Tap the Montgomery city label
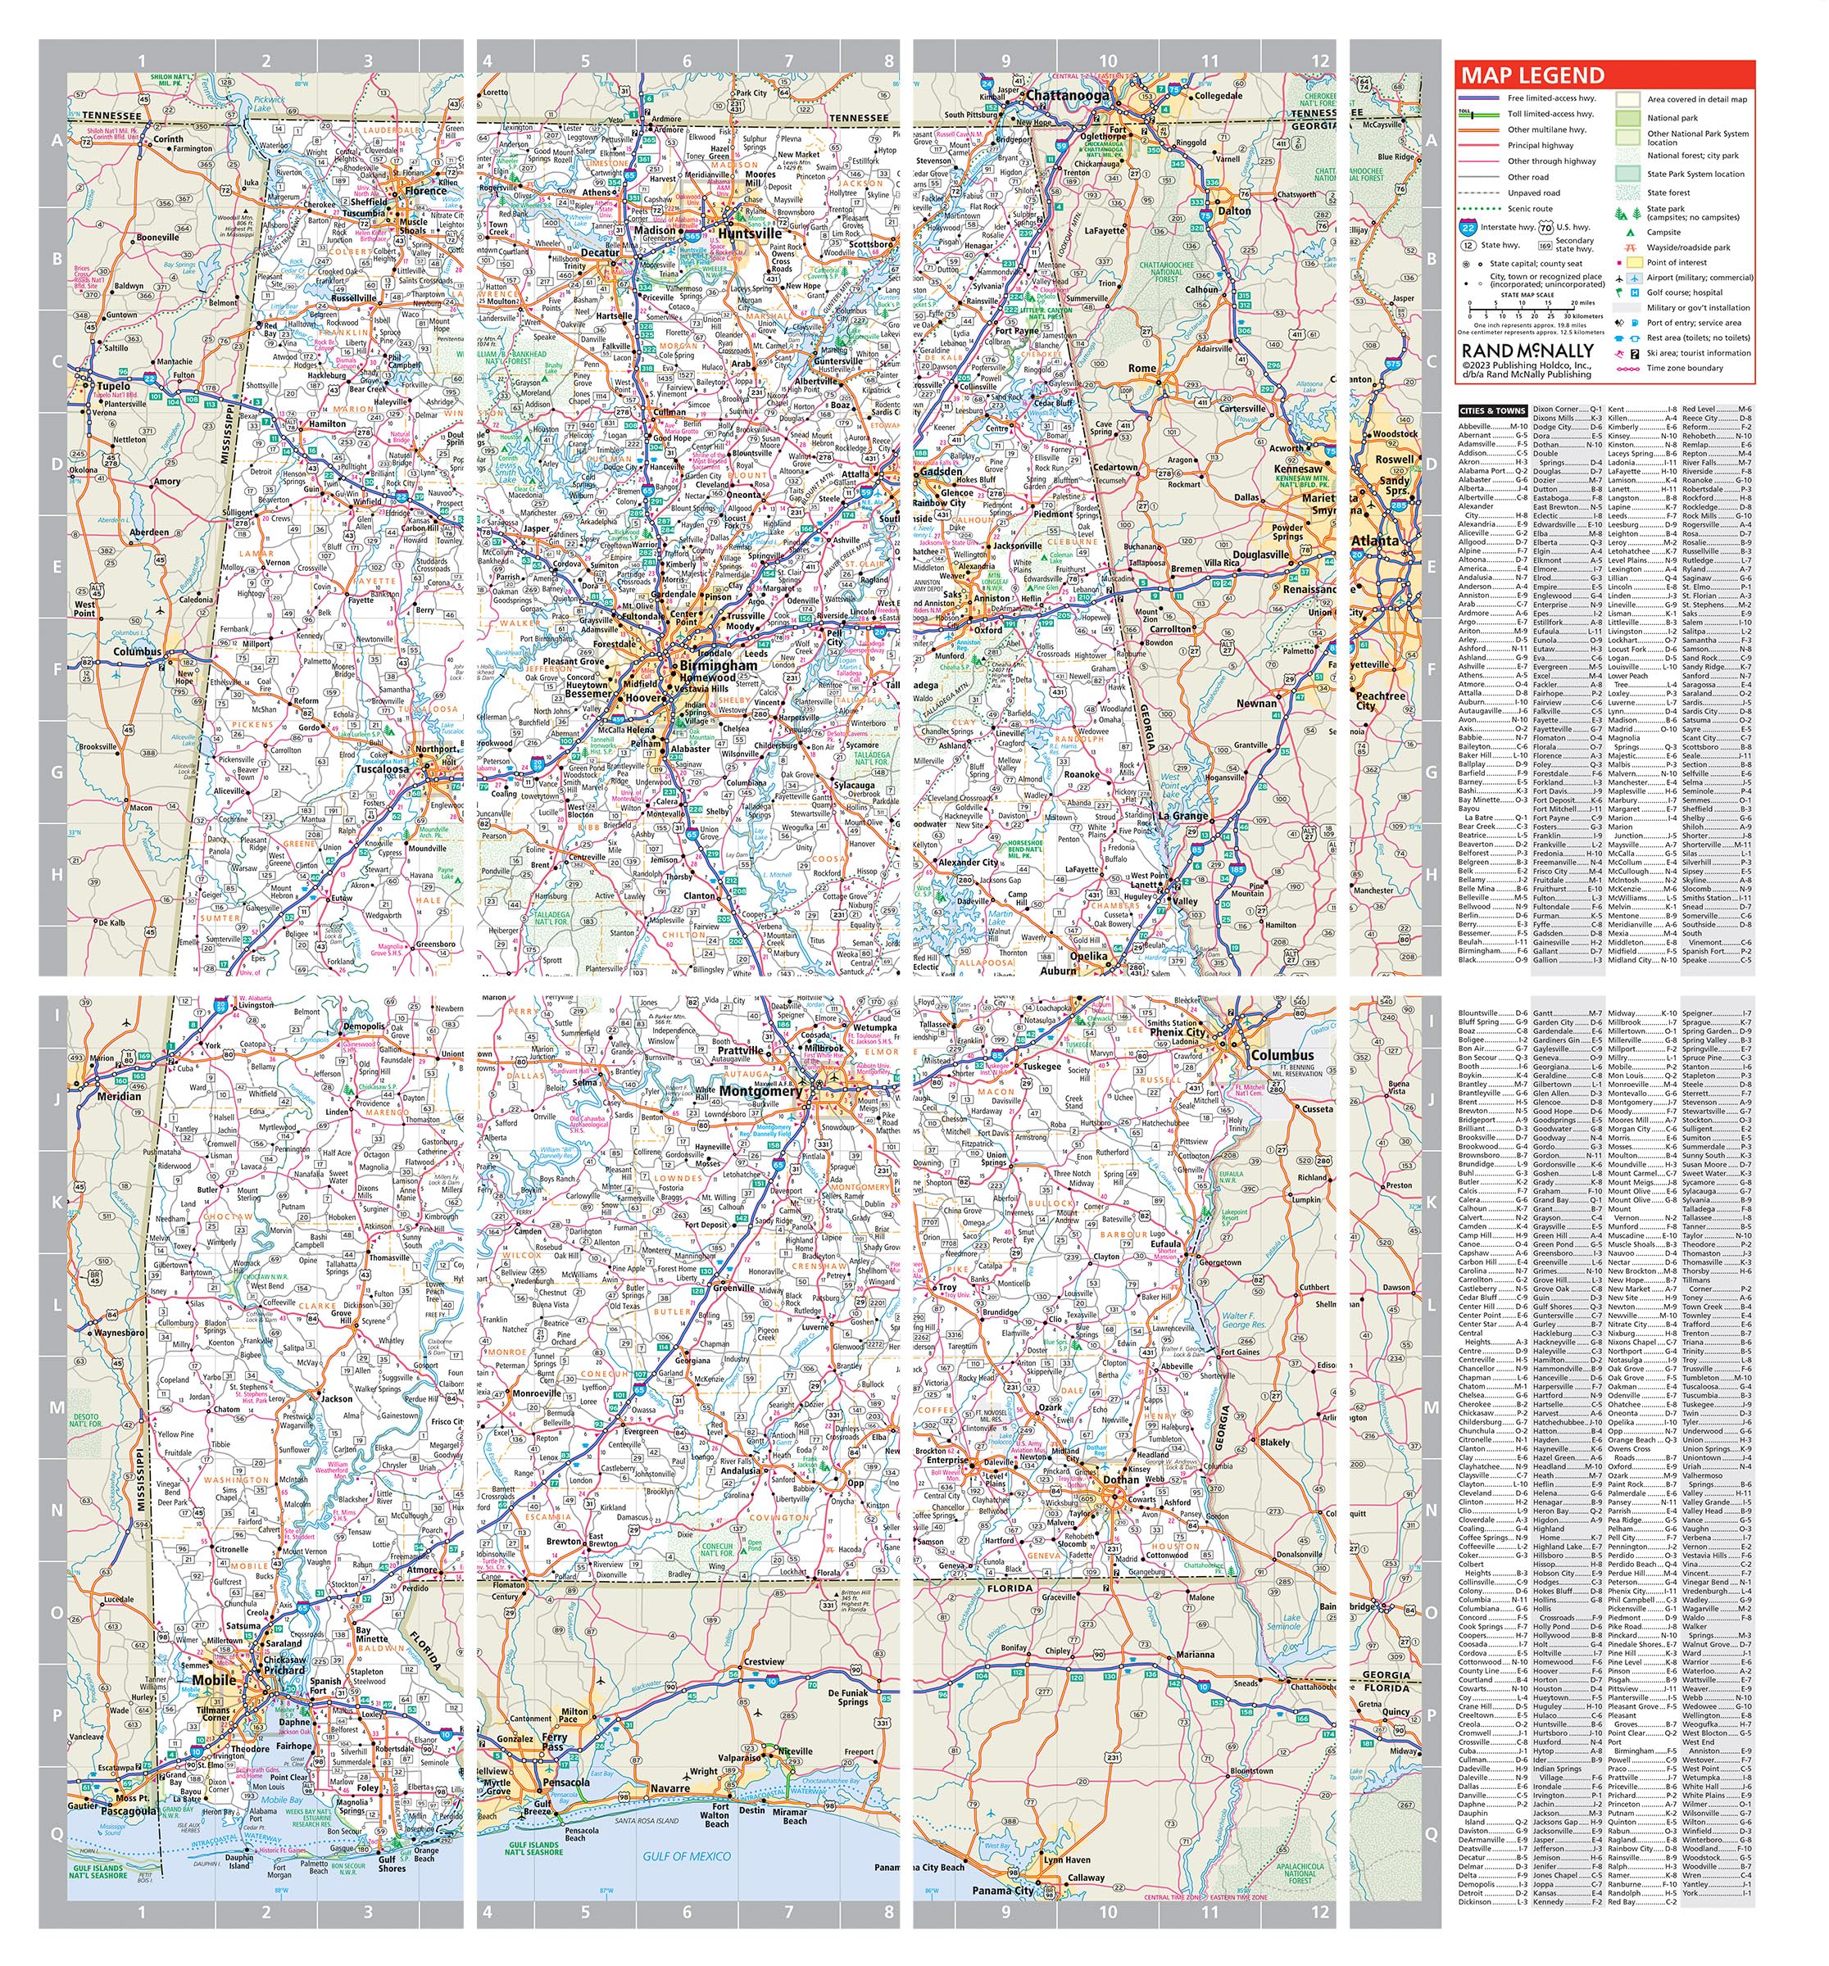[x=760, y=1091]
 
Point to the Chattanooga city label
[x=1068, y=96]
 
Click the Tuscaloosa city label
[x=382, y=768]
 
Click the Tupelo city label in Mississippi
[x=114, y=386]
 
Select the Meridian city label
[x=119, y=1096]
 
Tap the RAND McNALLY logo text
[x=1527, y=351]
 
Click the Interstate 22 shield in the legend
[x=1470, y=228]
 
